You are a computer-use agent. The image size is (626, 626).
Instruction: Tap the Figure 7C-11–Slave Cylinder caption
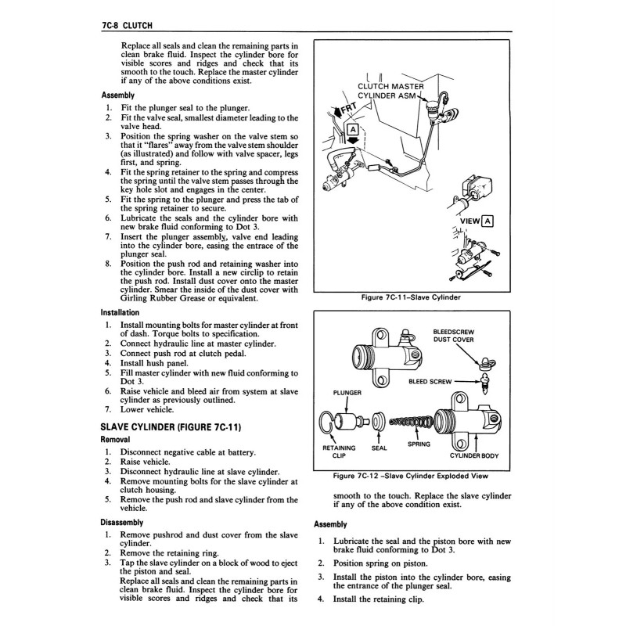(410, 297)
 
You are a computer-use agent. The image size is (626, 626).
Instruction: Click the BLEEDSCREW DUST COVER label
(453, 336)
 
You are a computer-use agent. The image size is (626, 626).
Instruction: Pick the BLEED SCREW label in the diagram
(430, 382)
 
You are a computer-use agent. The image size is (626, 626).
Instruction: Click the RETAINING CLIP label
(339, 452)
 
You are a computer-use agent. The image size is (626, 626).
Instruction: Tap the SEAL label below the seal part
(379, 449)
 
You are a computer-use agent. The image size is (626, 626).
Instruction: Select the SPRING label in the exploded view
(419, 444)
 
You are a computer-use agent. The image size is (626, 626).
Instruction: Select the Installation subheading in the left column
(120, 312)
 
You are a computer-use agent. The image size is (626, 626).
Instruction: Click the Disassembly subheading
(121, 522)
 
